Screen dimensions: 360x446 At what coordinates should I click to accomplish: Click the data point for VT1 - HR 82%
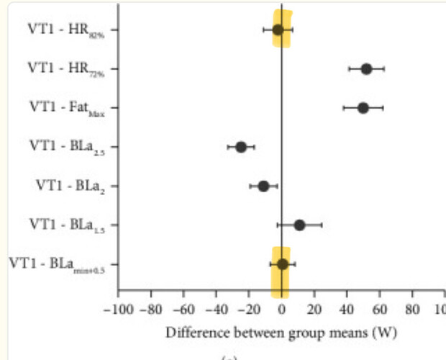(x=278, y=30)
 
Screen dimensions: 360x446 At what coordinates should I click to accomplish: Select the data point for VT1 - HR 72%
(x=366, y=69)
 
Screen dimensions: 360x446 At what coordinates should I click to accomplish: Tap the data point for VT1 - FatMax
(x=363, y=108)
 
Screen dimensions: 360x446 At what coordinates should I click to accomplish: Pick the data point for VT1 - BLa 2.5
(x=241, y=147)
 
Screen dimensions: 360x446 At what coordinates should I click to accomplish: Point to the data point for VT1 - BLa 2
(x=263, y=186)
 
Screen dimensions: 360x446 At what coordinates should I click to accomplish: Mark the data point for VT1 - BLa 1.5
(x=299, y=225)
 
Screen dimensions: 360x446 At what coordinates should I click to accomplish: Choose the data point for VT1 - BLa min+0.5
(x=283, y=264)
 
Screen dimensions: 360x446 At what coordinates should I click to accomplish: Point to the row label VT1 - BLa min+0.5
(x=63, y=264)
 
